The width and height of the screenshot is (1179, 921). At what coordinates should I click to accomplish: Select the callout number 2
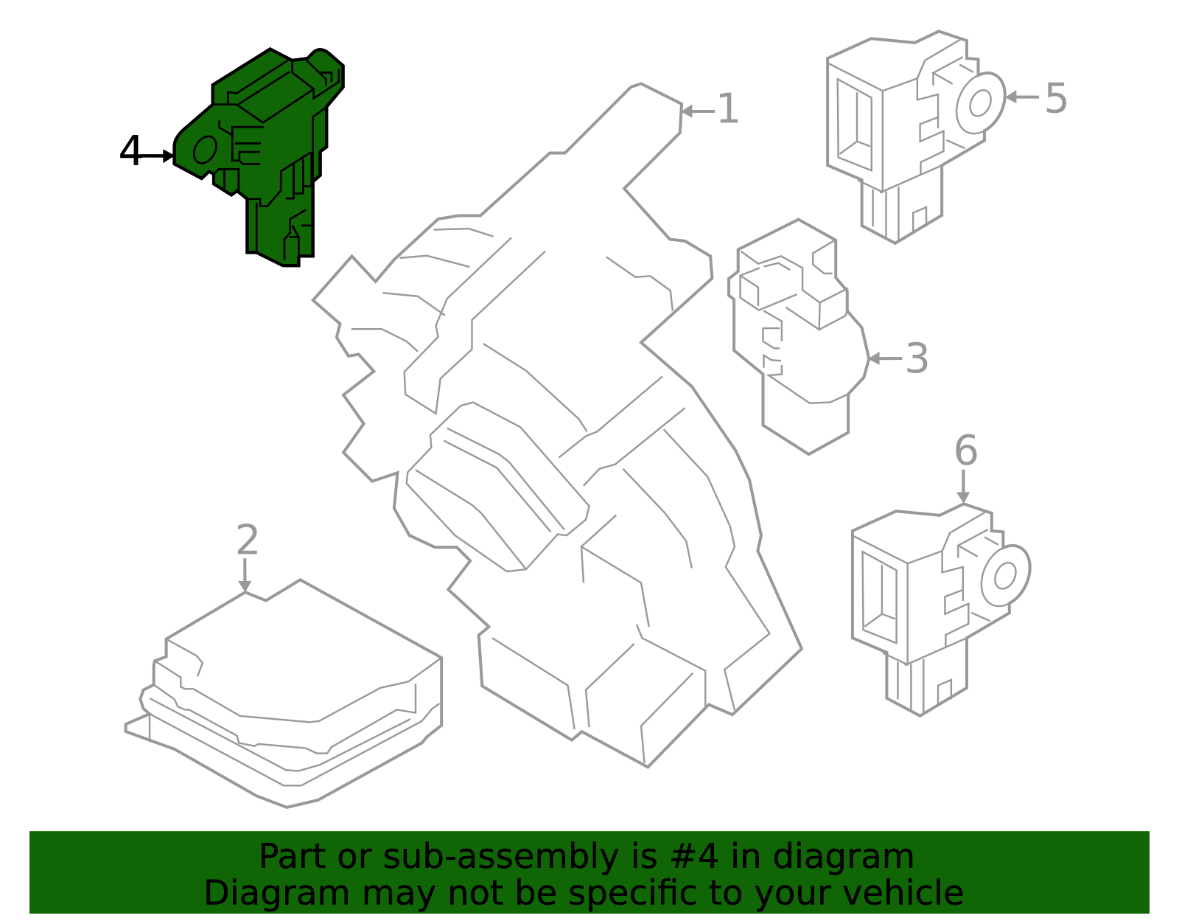coord(248,540)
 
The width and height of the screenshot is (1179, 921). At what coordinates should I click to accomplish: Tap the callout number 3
coord(917,358)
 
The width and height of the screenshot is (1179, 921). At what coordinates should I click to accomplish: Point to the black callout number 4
coord(130,150)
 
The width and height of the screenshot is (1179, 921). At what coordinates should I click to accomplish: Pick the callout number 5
coord(1056,98)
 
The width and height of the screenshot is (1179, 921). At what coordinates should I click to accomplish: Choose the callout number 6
coord(966,451)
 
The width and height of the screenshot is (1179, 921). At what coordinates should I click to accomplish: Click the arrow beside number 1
coord(698,111)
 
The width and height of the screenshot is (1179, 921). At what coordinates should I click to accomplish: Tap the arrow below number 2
coord(245,575)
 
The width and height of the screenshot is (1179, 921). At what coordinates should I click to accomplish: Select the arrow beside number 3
coord(885,358)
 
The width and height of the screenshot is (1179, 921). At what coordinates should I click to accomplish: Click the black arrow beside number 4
coord(155,156)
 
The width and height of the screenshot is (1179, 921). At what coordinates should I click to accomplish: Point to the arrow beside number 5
coord(1021,97)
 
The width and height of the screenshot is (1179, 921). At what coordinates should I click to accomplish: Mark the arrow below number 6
coord(963,487)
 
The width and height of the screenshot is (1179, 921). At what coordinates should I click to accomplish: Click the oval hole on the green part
coord(205,149)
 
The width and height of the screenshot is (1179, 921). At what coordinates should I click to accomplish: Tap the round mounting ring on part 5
coord(981,102)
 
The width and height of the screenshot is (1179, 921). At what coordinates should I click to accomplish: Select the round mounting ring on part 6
coord(1005,575)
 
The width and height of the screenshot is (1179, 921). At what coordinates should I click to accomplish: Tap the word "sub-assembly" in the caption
coord(501,857)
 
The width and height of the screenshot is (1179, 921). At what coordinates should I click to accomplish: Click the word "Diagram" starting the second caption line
coord(277,893)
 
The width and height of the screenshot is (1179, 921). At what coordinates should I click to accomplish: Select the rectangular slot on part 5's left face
coord(855,125)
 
